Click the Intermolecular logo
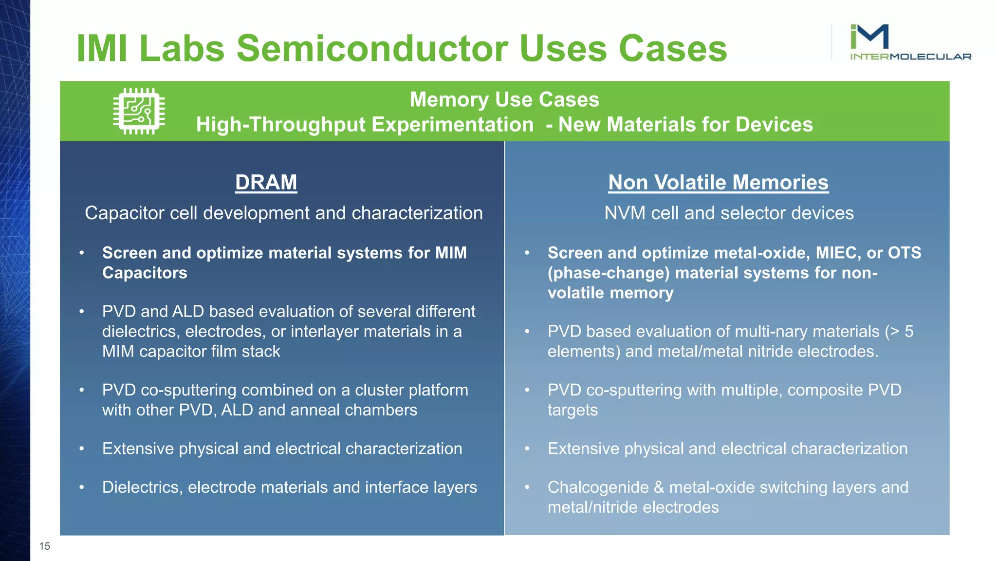(x=909, y=43)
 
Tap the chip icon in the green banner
(x=139, y=111)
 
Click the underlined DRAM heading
(x=266, y=183)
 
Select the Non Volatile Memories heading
(x=718, y=183)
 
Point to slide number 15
(x=45, y=546)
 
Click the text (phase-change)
(x=609, y=273)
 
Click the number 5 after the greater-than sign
(x=908, y=332)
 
